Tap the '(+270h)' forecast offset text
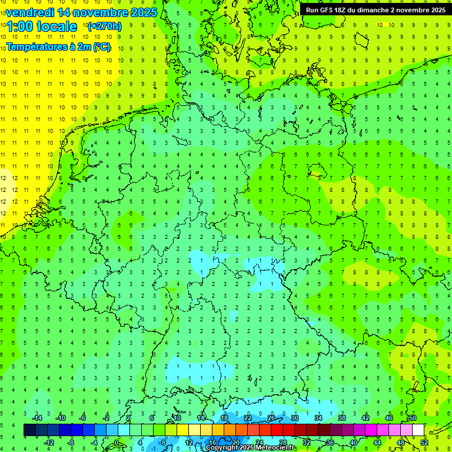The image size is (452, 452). coord(104,26)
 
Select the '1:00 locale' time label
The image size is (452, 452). coord(42,26)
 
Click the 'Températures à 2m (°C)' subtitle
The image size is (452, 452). coord(58,47)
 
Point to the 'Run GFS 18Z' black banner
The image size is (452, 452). coord(375,10)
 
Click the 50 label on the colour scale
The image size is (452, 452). coord(412,418)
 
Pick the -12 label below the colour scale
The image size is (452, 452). coord(49,442)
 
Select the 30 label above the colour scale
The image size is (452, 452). coord(294,418)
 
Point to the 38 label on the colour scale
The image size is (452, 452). coord(341,418)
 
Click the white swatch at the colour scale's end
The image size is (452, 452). coord(418,430)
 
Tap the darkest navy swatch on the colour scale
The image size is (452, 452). coord(29,430)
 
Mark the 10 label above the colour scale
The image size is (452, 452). coord(177,418)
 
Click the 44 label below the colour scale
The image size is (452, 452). coord(377,442)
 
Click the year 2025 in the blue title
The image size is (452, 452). coord(143,12)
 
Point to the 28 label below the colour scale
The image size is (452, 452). coord(282,442)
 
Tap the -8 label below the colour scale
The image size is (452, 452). coord(71,442)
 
